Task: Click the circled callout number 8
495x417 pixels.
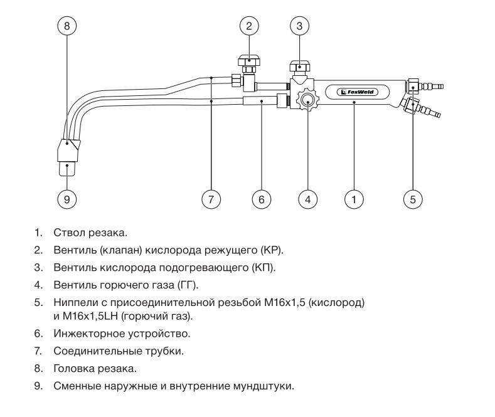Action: pos(67,26)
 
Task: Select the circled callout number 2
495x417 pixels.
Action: pos(249,26)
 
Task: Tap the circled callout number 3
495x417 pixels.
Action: pos(300,26)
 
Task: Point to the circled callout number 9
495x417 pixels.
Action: pos(67,199)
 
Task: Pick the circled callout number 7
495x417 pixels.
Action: pos(211,199)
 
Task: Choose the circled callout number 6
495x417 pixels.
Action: pos(261,199)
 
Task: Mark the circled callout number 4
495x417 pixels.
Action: pos(307,199)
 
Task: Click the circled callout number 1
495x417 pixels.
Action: pos(354,199)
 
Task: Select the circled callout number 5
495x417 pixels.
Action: pos(412,199)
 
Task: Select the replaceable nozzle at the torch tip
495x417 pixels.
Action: pos(68,167)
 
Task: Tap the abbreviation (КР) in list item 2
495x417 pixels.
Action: pos(271,250)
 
